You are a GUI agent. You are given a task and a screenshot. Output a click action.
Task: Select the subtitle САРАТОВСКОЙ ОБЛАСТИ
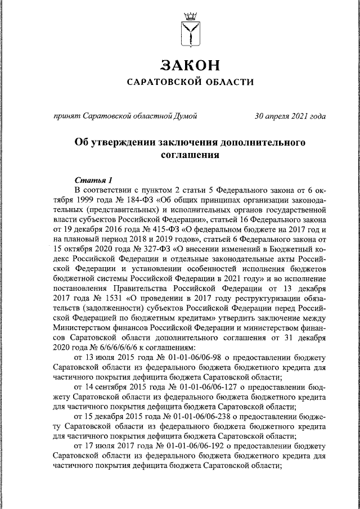(x=188, y=83)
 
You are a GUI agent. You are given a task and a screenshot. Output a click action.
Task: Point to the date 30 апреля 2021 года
(x=290, y=116)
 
